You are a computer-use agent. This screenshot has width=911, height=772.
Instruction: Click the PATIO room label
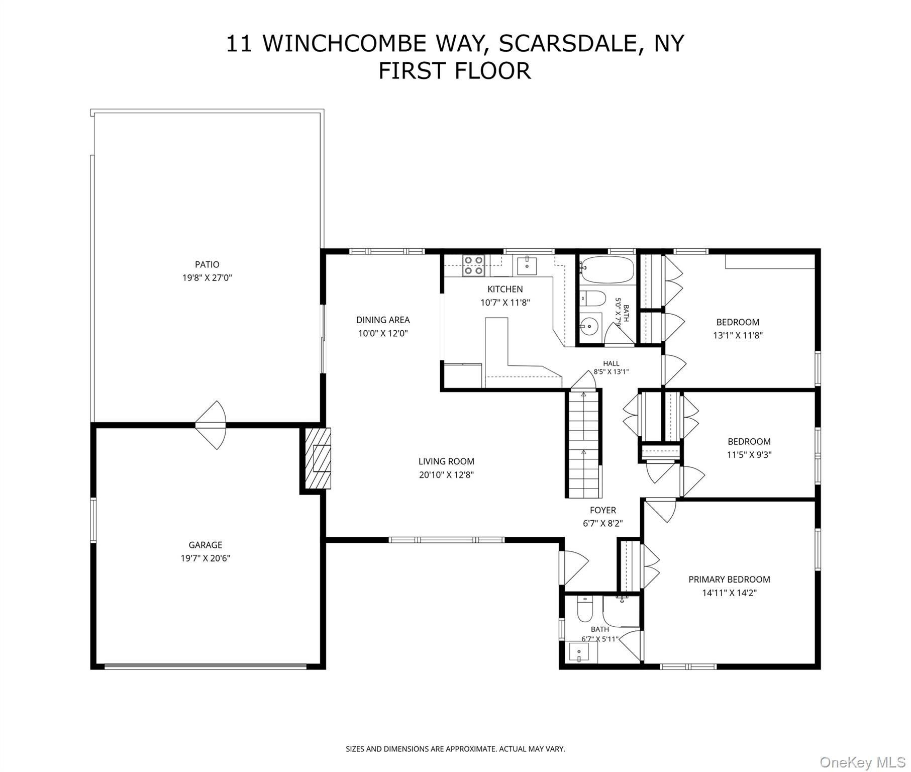tap(207, 264)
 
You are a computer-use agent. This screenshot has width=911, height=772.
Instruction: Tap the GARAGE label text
tap(205, 545)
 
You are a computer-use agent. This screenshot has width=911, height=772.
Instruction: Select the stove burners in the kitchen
tap(473, 265)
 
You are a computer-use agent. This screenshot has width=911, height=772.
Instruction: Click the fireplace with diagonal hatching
tap(316, 458)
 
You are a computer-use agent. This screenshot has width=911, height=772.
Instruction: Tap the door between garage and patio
tap(211, 425)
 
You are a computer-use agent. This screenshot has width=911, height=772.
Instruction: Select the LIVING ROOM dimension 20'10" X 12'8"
tap(446, 474)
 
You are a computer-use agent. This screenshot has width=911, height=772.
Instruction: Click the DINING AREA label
tap(383, 320)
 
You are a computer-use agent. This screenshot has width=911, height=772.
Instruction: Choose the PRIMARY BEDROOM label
tap(729, 580)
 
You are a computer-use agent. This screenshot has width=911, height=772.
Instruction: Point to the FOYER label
tap(603, 510)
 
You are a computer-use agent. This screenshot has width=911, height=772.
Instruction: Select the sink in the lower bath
tap(579, 652)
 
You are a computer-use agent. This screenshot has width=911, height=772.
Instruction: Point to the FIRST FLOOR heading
tap(454, 70)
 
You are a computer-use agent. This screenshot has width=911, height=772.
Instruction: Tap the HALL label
tap(611, 363)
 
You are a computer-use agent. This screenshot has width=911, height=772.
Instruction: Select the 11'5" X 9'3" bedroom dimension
tap(749, 455)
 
